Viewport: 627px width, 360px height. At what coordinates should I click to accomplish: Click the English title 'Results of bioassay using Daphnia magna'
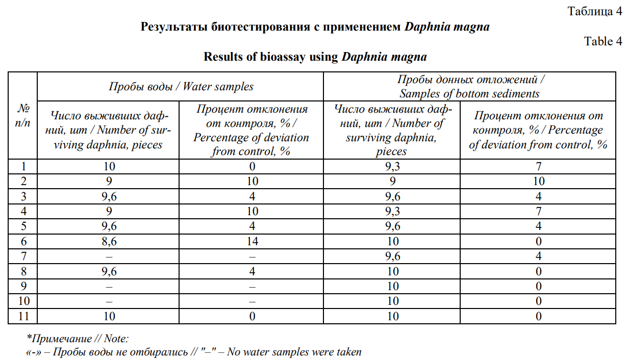click(315, 57)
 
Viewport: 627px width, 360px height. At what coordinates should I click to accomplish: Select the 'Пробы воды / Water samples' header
click(181, 86)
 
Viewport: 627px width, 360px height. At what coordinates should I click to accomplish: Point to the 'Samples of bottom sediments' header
click(469, 93)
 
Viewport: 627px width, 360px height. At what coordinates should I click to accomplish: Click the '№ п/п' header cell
click(23, 116)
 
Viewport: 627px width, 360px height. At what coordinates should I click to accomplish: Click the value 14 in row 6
click(252, 242)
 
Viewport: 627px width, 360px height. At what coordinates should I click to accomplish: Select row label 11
click(23, 317)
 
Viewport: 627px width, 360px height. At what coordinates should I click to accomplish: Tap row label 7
click(23, 256)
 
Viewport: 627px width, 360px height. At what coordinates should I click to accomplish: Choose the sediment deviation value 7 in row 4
click(538, 212)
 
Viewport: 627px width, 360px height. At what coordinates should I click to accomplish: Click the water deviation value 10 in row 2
click(252, 182)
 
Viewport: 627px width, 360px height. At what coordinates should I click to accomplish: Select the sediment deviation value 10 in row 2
click(538, 182)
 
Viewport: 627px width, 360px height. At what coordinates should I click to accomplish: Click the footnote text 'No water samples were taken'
click(294, 352)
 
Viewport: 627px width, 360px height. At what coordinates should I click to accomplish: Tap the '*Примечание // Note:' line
click(78, 339)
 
